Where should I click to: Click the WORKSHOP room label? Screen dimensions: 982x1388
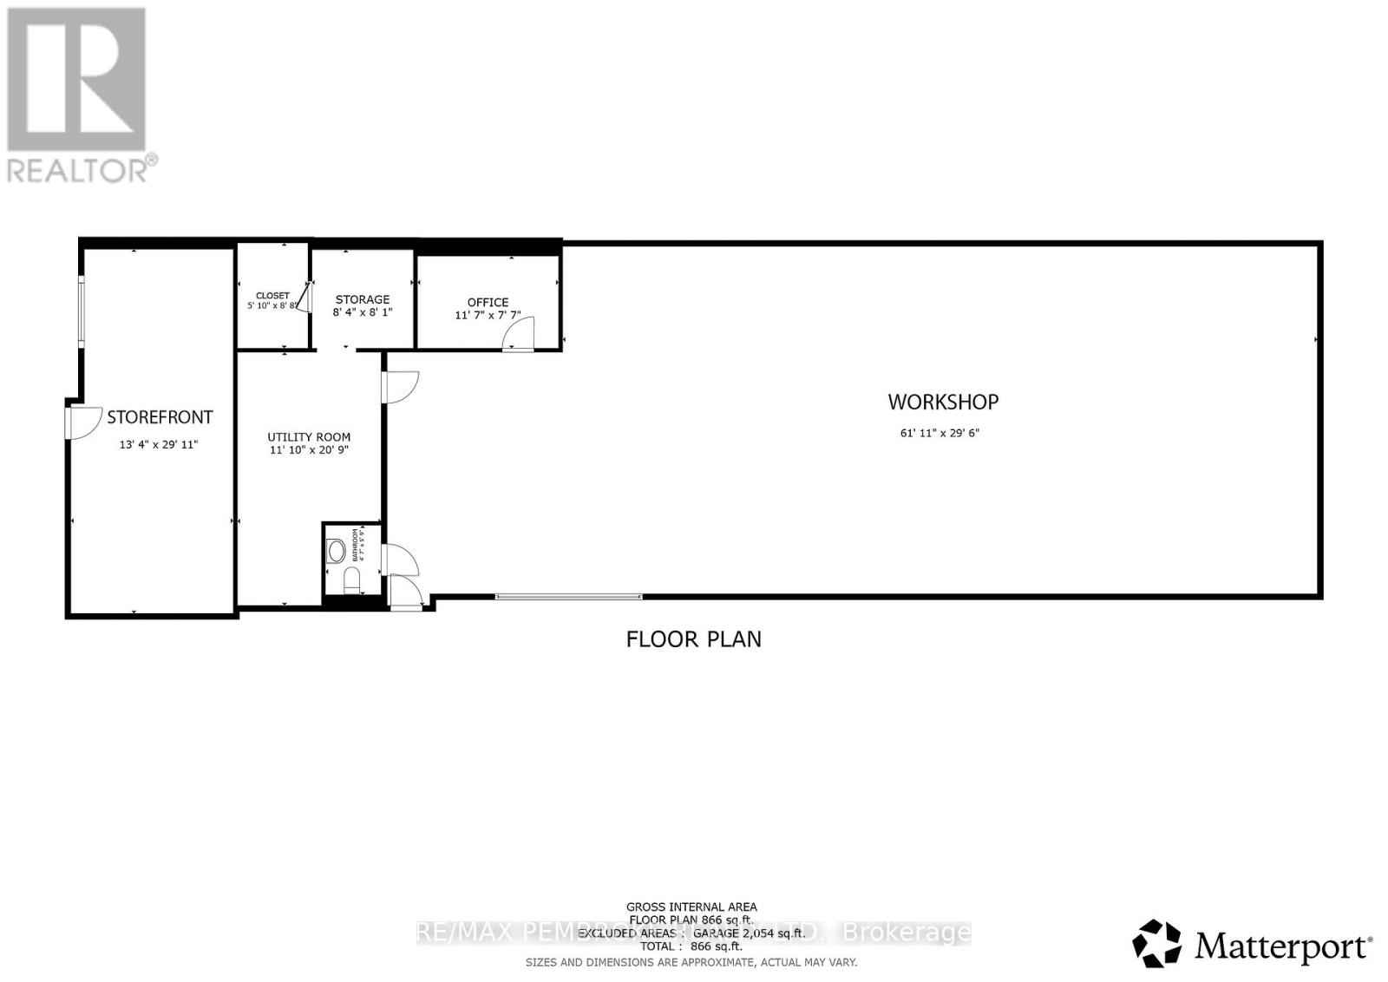click(x=943, y=402)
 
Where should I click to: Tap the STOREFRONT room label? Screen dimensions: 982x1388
click(x=160, y=417)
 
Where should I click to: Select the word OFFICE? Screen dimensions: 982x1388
click(x=488, y=302)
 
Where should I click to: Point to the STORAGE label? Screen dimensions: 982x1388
click(x=363, y=299)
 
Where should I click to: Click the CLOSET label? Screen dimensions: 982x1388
click(x=272, y=296)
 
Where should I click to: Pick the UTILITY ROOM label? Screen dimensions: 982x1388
click(x=309, y=437)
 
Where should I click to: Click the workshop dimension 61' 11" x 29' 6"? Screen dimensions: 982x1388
click(x=940, y=433)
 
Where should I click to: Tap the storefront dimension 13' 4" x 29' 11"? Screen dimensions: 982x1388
click(x=159, y=445)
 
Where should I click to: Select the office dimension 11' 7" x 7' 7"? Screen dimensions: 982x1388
click(x=488, y=316)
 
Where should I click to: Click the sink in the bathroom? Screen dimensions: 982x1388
click(x=337, y=550)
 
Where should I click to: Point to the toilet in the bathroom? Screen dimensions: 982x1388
click(x=351, y=578)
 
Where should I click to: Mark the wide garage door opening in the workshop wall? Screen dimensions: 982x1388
click(x=568, y=597)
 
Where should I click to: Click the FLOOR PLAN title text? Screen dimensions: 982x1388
click(x=693, y=639)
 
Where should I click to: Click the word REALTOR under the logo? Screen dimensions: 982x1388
click(x=78, y=169)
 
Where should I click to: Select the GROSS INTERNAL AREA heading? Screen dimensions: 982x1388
click(x=691, y=907)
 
